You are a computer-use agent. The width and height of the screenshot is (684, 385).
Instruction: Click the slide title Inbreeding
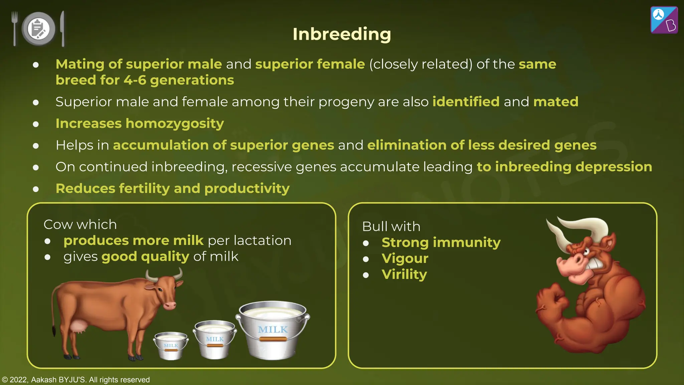342,34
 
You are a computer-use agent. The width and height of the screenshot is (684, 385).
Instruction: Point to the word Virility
404,274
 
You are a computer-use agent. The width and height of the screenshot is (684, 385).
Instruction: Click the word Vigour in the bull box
405,258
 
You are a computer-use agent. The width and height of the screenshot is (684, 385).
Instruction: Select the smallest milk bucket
171,346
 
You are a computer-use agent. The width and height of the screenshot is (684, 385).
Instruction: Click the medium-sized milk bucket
214,339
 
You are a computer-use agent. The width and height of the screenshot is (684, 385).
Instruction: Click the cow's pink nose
170,305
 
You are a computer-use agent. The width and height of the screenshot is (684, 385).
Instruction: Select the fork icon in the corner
14,28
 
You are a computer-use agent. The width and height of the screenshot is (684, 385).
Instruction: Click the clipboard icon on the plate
38,29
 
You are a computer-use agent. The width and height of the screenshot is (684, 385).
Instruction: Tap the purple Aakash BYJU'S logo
664,20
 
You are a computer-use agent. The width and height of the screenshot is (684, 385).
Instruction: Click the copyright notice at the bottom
76,380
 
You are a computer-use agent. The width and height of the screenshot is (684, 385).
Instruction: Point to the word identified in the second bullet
466,102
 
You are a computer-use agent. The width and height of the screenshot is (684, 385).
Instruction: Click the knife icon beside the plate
62,28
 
